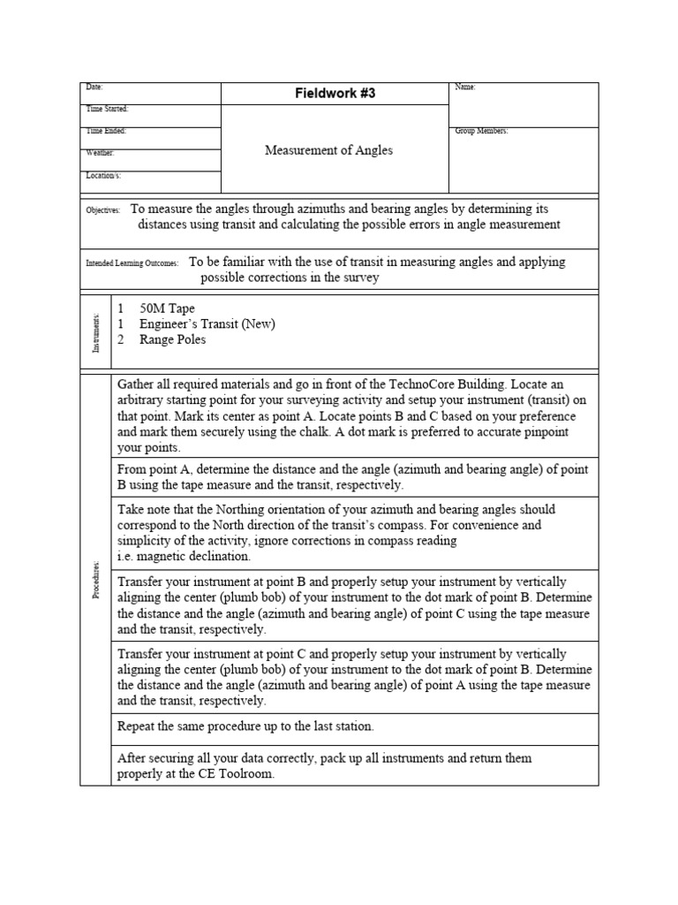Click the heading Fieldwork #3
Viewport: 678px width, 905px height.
click(335, 94)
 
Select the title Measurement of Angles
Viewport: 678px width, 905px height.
click(328, 150)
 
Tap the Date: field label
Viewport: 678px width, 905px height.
click(94, 87)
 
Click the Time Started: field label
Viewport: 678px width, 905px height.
click(107, 109)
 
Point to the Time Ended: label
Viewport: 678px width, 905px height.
click(105, 131)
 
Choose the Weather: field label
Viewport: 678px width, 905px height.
click(100, 153)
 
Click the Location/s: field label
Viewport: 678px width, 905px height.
click(102, 176)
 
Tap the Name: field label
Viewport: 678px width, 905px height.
click(465, 87)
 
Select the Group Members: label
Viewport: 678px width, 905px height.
click(481, 131)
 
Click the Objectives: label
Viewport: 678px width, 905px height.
click(102, 211)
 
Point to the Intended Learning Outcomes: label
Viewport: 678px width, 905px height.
click(132, 263)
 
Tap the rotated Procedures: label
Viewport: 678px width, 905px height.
click(96, 579)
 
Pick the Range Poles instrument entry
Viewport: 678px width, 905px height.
click(172, 339)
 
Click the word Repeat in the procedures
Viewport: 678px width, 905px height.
click(137, 726)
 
